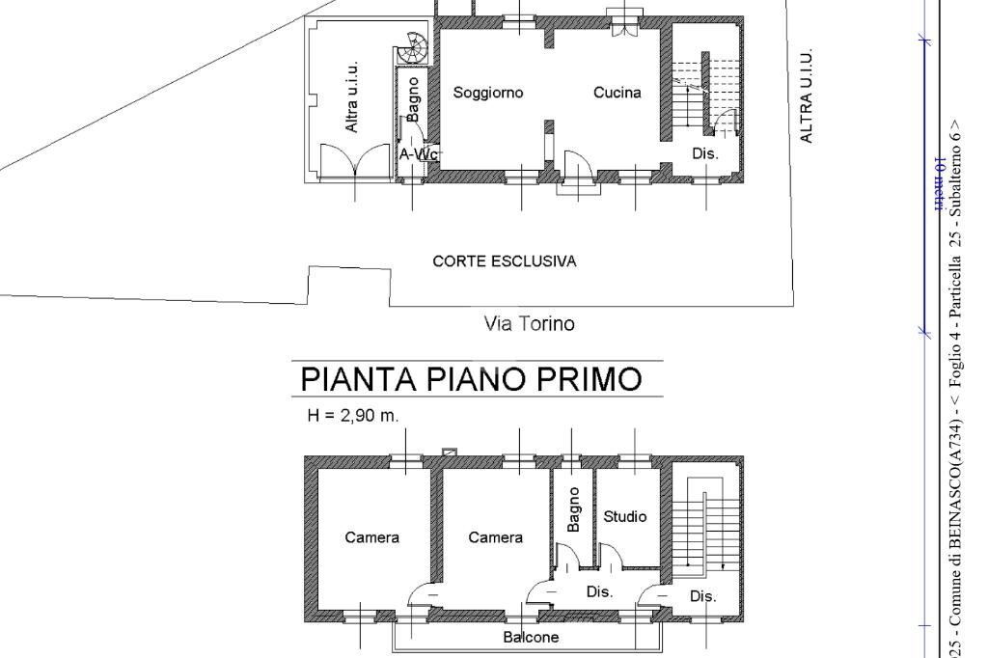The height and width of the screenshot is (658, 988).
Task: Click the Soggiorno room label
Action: click(488, 93)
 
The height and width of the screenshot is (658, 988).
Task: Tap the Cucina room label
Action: click(617, 93)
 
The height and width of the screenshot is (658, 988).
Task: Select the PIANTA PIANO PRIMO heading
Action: click(472, 379)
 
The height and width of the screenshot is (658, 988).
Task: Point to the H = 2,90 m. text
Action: click(352, 416)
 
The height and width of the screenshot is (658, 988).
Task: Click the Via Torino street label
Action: click(529, 324)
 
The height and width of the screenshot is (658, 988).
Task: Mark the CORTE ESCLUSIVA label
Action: click(504, 261)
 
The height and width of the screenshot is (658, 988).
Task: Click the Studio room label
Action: click(624, 516)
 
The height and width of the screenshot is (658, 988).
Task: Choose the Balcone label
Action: click(531, 637)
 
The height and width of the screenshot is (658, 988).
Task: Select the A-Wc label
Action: click(419, 154)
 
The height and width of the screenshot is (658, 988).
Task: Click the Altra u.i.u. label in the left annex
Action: click(352, 96)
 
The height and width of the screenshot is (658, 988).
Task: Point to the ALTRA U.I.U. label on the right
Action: click(807, 96)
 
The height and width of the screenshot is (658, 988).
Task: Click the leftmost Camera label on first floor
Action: click(371, 537)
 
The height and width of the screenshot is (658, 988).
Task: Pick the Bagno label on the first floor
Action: click(574, 508)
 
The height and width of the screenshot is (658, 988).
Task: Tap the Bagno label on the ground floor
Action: click(414, 99)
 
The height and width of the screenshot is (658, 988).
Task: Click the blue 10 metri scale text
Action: click(937, 183)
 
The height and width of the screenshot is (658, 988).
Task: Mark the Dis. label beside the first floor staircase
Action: click(702, 596)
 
